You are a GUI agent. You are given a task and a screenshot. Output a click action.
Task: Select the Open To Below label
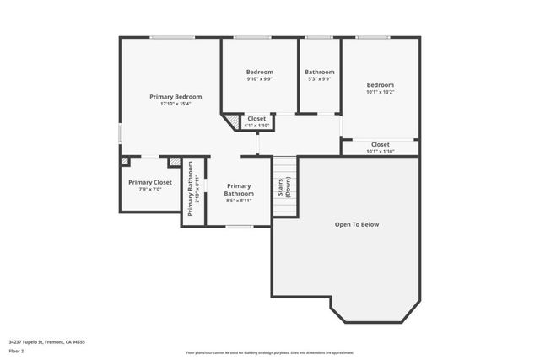(x=357, y=224)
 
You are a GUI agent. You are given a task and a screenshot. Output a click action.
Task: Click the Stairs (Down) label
(x=284, y=187)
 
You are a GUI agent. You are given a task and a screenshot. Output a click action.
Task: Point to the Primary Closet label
(x=150, y=182)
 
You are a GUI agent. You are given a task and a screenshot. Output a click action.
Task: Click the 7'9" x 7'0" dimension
(x=150, y=190)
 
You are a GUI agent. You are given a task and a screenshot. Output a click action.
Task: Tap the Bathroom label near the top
(x=319, y=73)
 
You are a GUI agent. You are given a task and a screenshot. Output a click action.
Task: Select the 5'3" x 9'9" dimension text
(x=319, y=80)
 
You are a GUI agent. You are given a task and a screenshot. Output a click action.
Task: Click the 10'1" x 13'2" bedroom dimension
(x=380, y=93)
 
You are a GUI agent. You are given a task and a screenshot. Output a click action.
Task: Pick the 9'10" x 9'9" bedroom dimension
(x=259, y=80)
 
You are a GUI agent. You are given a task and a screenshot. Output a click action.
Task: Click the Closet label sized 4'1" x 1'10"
(x=256, y=119)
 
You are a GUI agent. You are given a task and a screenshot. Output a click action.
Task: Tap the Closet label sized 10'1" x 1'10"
(x=380, y=144)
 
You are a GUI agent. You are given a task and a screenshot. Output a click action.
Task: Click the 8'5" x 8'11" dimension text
(x=239, y=200)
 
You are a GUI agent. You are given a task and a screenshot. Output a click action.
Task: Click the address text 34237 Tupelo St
(x=47, y=341)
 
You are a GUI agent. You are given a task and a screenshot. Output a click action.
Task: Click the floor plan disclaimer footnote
(x=271, y=352)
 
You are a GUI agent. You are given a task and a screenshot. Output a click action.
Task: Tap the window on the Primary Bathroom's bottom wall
(x=239, y=226)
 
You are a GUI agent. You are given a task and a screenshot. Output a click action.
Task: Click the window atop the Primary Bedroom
(x=172, y=37)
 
